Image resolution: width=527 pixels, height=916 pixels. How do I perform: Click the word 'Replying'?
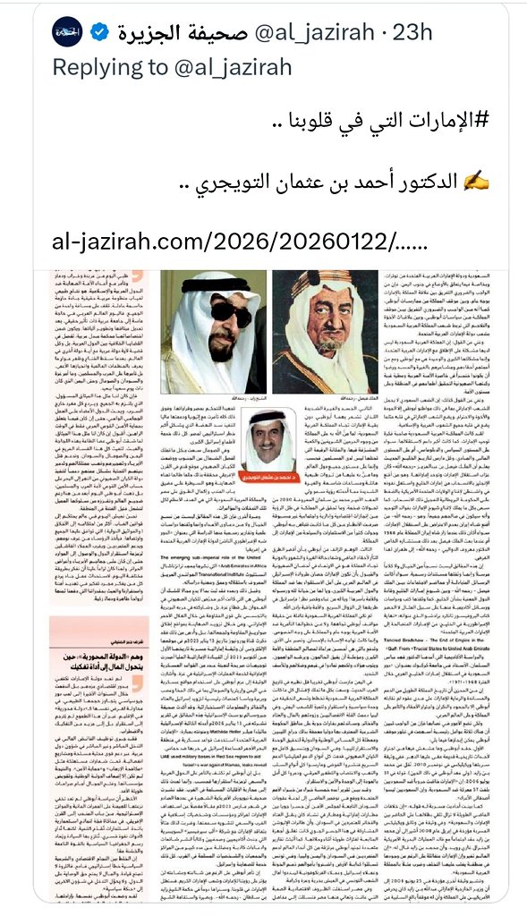pyautogui.click(x=98, y=67)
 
